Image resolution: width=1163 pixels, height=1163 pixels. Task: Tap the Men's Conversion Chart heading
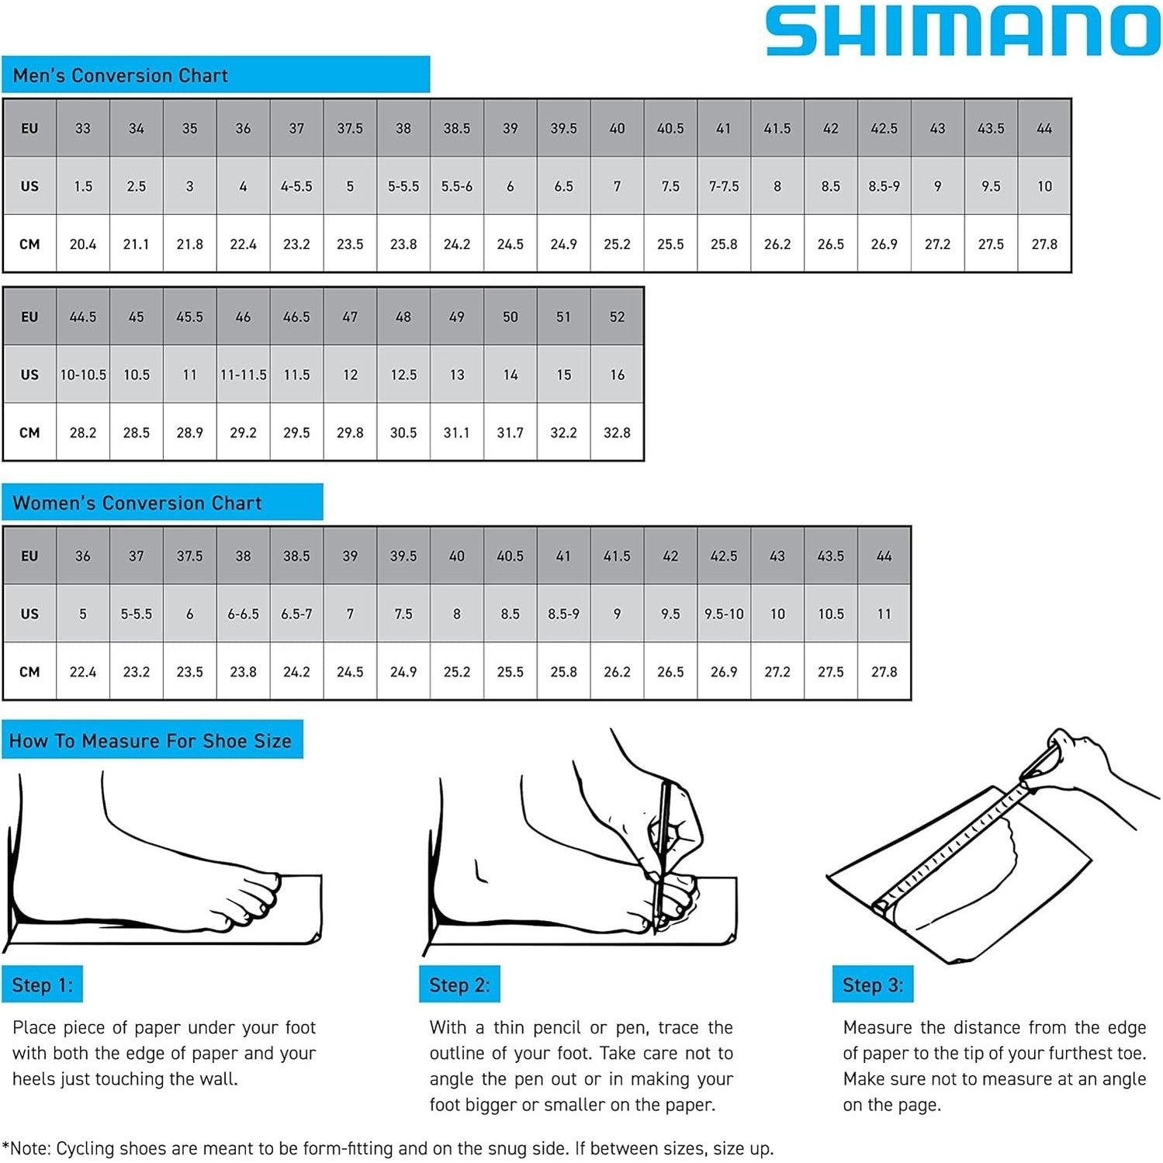(x=120, y=75)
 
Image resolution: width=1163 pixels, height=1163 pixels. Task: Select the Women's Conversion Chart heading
(x=137, y=503)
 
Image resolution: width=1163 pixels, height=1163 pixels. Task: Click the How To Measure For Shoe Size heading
(x=151, y=741)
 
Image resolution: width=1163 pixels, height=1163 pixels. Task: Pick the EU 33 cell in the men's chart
(x=83, y=129)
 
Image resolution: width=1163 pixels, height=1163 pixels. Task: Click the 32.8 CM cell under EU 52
(x=617, y=433)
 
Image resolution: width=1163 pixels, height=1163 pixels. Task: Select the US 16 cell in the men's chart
(x=617, y=375)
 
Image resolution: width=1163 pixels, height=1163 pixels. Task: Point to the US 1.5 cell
(x=83, y=186)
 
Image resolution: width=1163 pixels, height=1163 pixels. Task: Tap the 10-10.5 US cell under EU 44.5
(x=83, y=375)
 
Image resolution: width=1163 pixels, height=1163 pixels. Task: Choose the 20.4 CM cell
(x=83, y=244)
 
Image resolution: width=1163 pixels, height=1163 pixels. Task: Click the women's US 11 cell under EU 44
(x=884, y=614)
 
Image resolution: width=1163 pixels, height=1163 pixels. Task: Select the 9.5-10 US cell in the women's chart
(x=724, y=614)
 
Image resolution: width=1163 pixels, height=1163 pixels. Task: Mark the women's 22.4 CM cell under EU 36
(x=83, y=672)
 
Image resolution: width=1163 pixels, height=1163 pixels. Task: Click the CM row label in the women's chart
(x=29, y=672)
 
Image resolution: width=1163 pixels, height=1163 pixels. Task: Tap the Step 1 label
(x=42, y=985)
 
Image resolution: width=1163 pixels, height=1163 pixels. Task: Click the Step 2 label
(x=459, y=985)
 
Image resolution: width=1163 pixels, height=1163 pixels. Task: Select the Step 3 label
(x=873, y=985)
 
